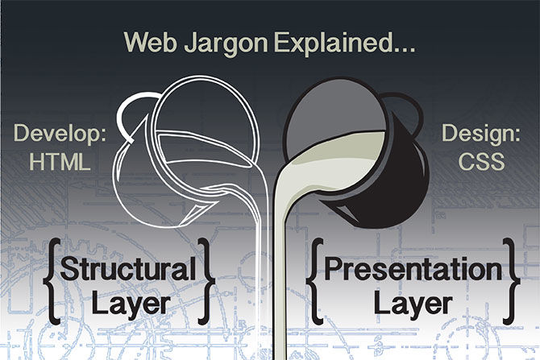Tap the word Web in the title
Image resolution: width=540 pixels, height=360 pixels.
coord(150,41)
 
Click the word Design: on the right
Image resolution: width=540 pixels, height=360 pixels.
coord(481,134)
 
